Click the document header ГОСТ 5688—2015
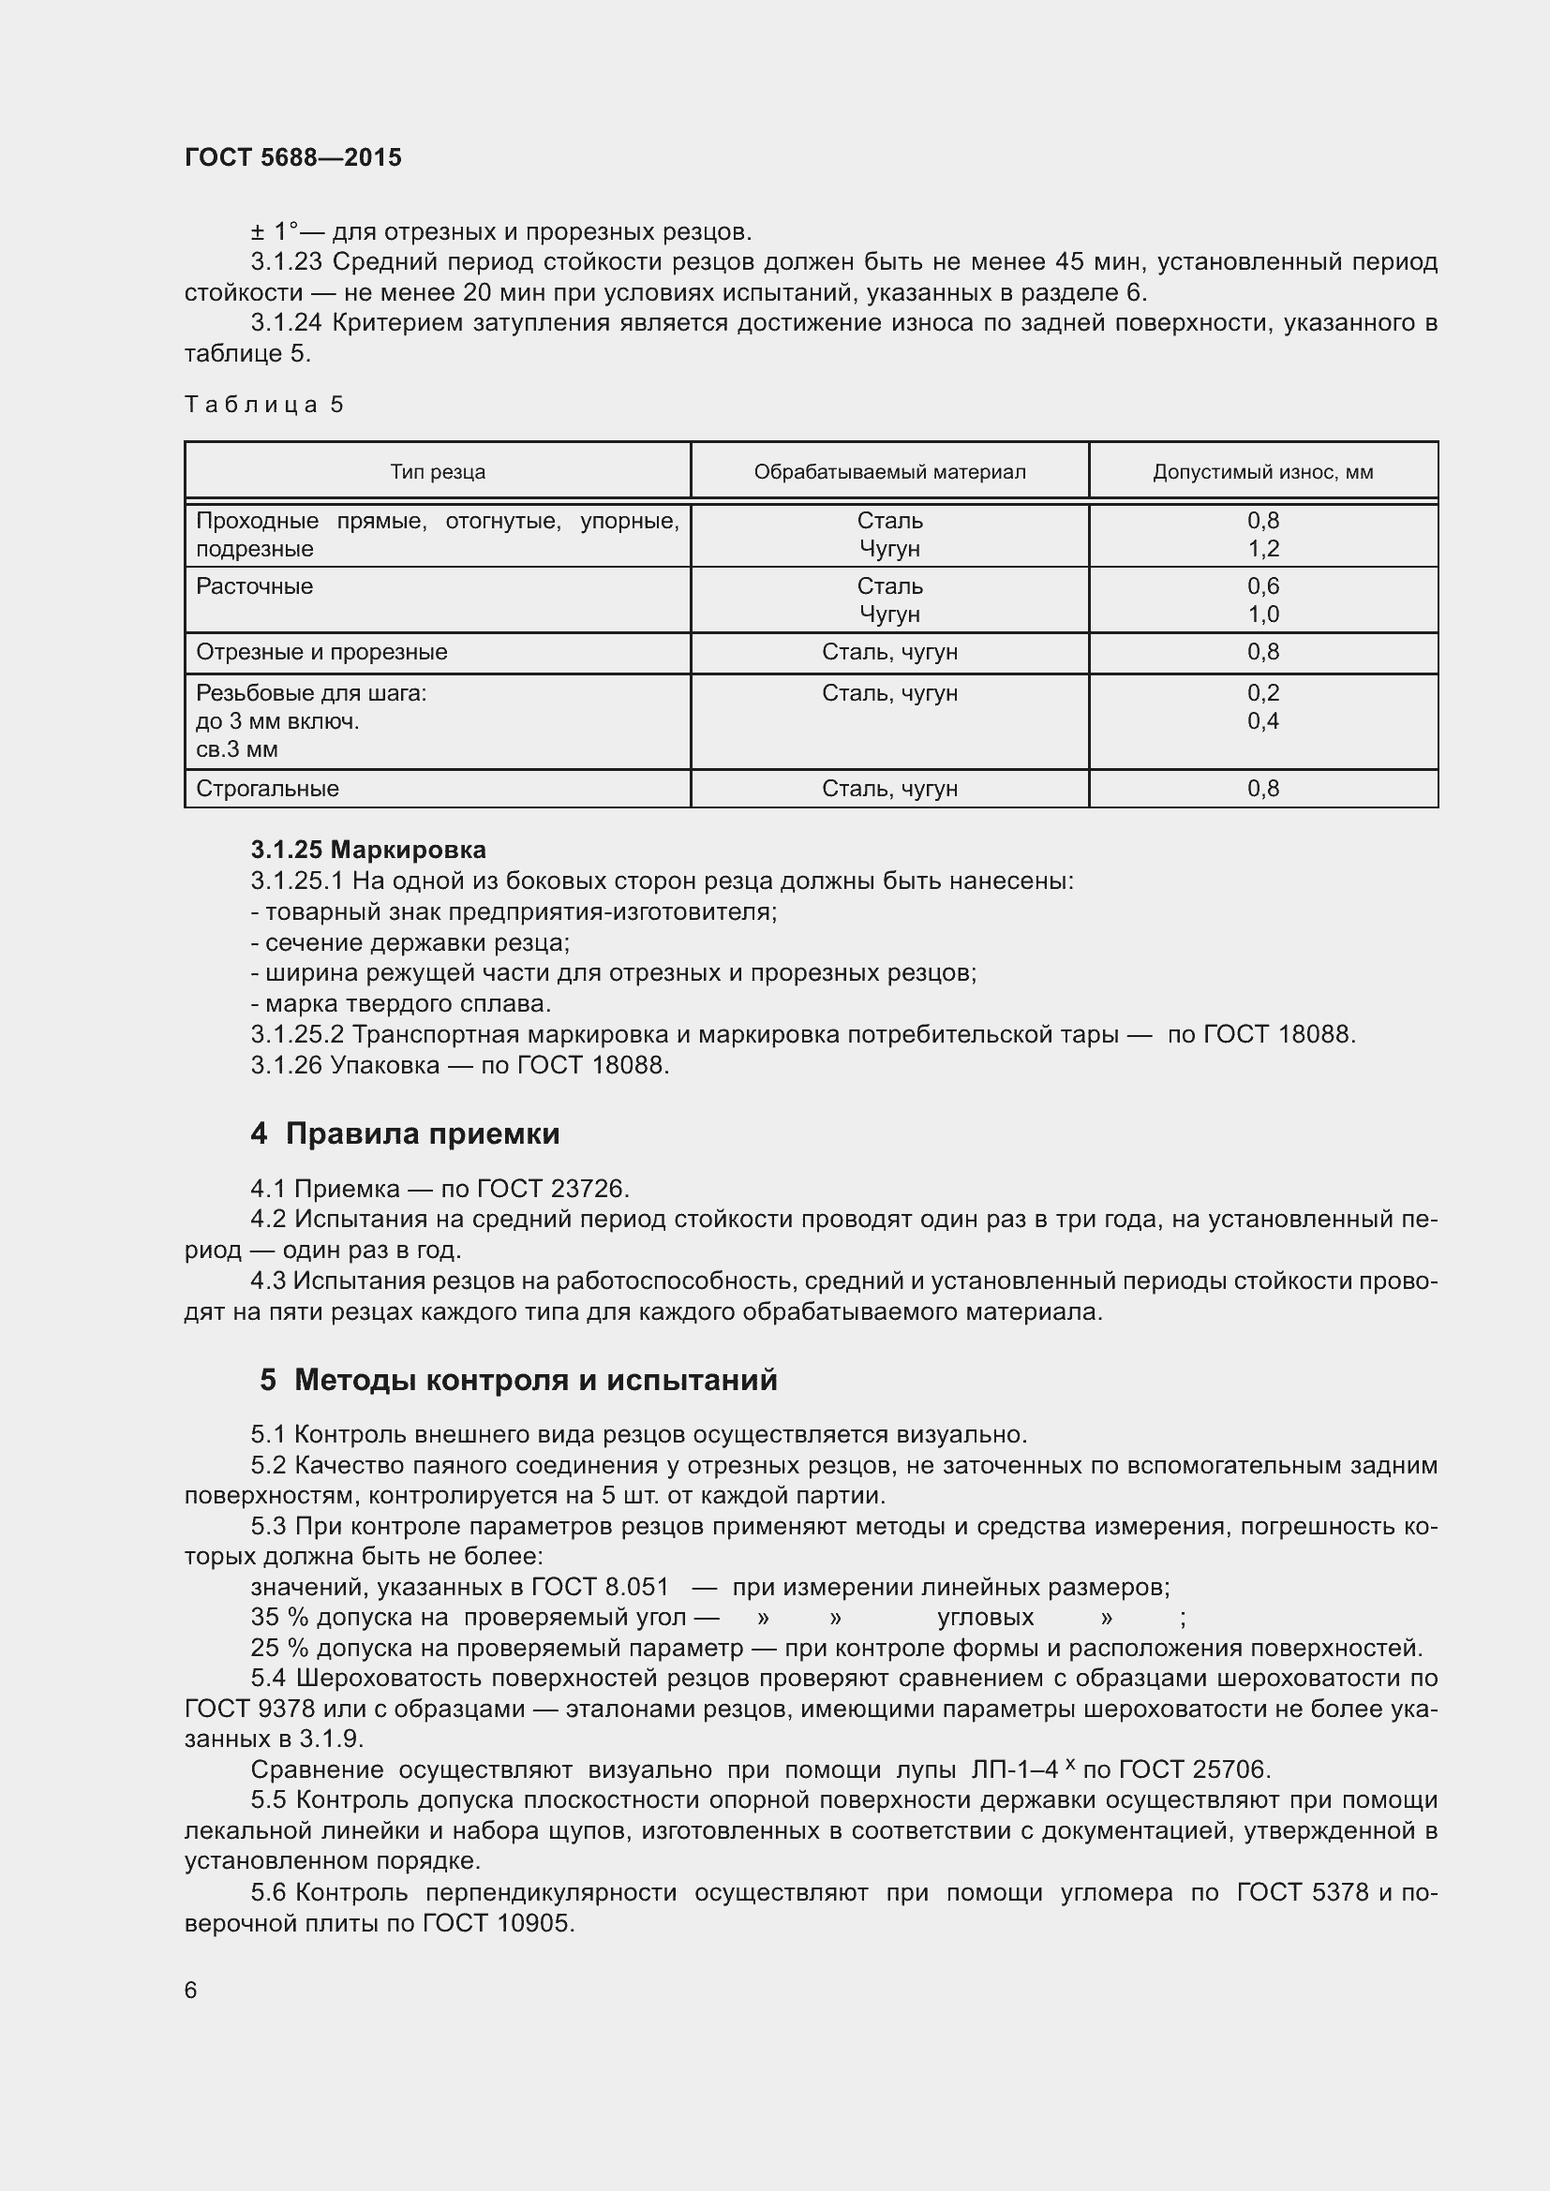293,157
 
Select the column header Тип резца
437,471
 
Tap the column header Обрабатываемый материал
889,471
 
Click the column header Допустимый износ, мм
1262,471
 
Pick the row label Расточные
254,585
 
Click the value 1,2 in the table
1262,549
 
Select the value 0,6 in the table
1262,585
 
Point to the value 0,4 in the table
1262,720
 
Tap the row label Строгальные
267,788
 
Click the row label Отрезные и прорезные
321,652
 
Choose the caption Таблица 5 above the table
263,405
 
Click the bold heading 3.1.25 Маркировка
368,850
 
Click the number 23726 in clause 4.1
589,1189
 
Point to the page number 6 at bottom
191,1990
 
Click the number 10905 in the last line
534,1923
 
